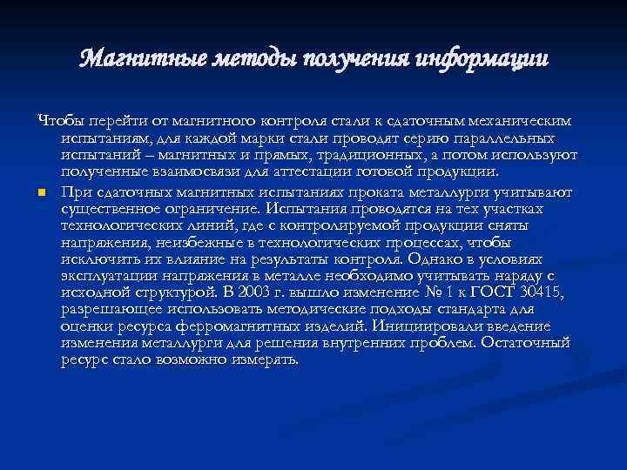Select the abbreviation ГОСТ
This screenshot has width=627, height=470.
500,292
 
